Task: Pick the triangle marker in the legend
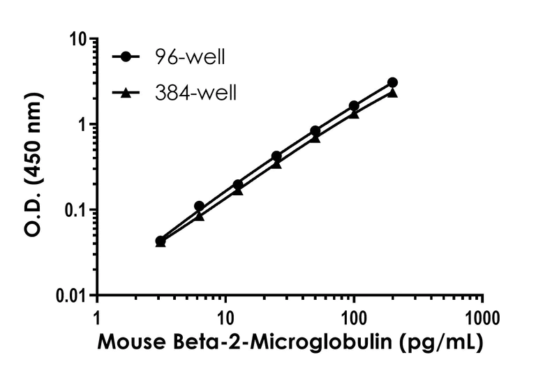click(125, 91)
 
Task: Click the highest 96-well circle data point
click(392, 82)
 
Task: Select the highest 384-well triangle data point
click(392, 93)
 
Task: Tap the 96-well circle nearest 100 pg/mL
click(354, 106)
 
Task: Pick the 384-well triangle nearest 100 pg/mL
click(354, 114)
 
